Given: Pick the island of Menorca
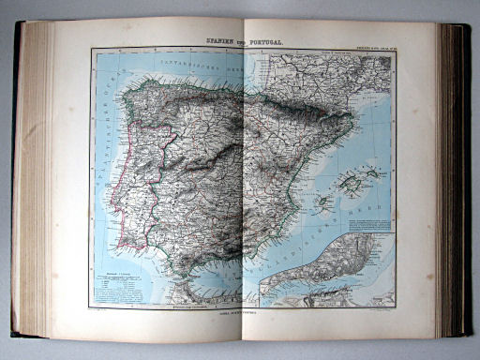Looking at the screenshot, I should coord(373,172).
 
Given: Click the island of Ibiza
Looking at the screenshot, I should coord(323,200).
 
